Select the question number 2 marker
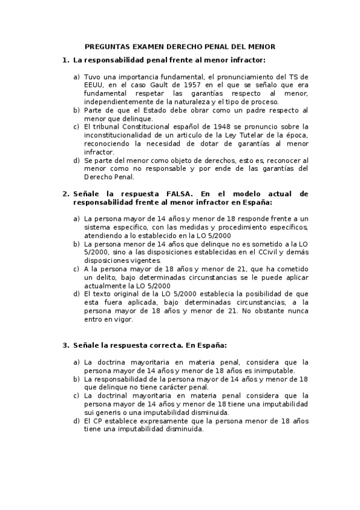click(66, 194)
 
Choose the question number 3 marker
click(66, 345)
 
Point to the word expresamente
click(155, 421)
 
